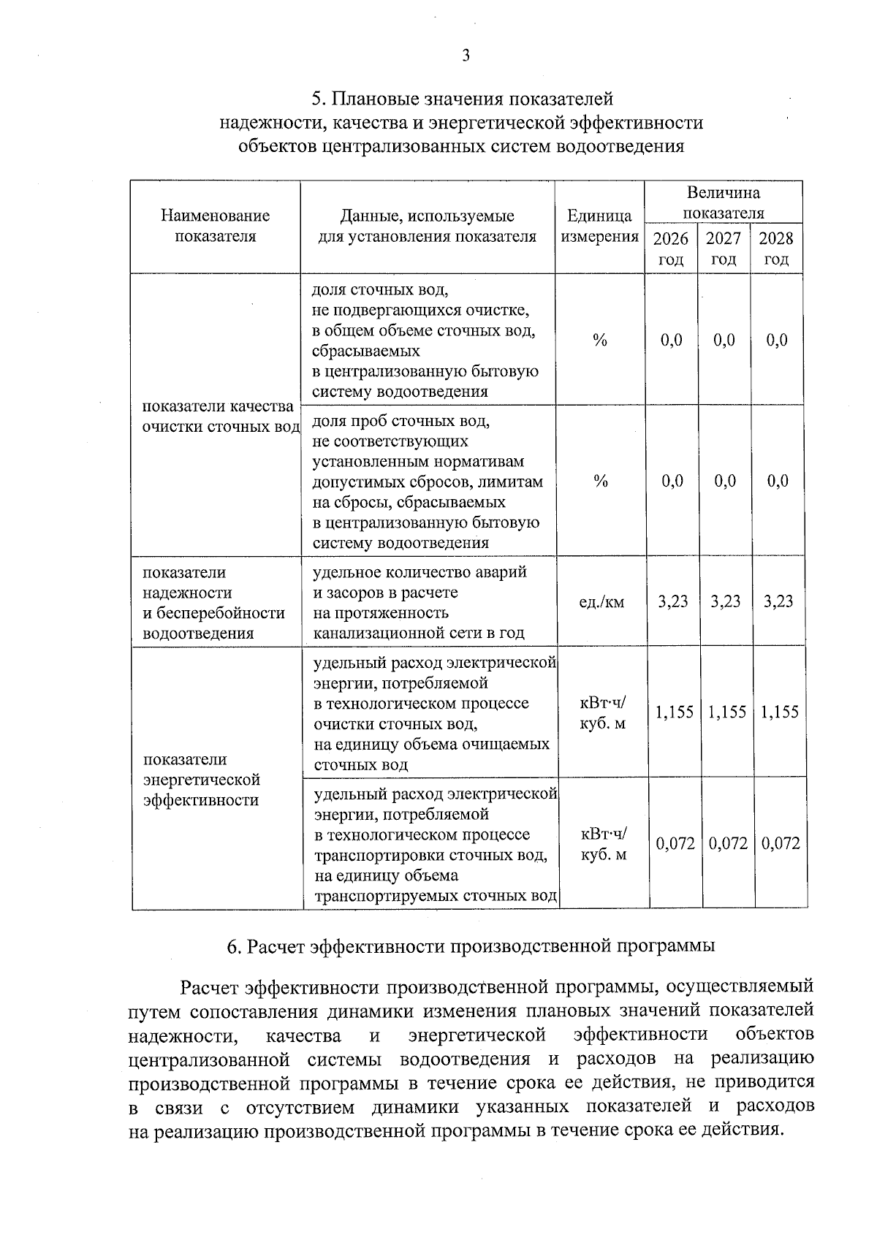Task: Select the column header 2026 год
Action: [x=670, y=248]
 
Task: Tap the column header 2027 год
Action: [x=724, y=248]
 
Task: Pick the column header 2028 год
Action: [x=776, y=248]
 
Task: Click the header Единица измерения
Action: [x=599, y=226]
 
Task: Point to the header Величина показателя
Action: [x=723, y=202]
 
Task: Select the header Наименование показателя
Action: [x=215, y=226]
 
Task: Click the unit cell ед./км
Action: [x=601, y=602]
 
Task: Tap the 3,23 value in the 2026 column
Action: [x=672, y=601]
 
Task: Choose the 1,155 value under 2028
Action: [x=780, y=712]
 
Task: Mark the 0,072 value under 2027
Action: [x=728, y=843]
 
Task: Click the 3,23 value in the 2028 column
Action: [x=778, y=601]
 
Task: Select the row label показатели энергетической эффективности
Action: [x=202, y=780]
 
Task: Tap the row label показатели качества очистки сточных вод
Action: [x=218, y=416]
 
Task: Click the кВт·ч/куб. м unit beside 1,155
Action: [x=603, y=713]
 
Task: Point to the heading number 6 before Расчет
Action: [x=233, y=946]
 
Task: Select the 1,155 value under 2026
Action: [x=674, y=712]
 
